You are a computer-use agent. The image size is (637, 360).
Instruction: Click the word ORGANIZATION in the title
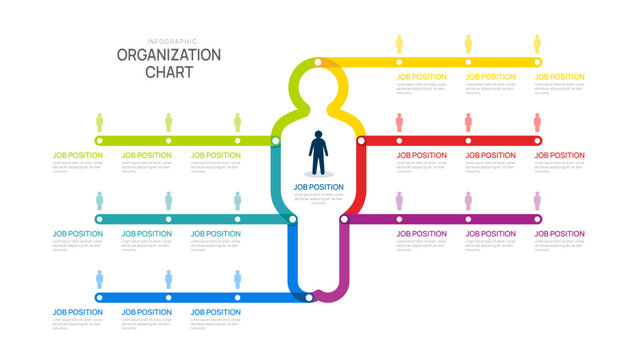168,55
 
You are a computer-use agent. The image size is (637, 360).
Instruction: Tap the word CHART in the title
168,73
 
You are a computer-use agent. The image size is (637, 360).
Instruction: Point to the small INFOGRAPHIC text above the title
168,41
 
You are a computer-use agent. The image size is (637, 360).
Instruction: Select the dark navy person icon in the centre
318,153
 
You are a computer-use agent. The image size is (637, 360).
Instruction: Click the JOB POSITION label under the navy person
318,186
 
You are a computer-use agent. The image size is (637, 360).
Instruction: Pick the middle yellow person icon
468,44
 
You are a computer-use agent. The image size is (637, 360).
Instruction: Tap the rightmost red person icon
537,122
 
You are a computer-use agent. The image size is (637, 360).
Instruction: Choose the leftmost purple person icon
399,200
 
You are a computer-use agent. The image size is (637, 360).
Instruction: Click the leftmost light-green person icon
99,122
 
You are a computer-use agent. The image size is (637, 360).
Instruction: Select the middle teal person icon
168,200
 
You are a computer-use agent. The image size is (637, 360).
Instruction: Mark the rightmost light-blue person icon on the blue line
237,279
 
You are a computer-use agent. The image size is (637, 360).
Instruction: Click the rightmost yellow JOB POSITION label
559,76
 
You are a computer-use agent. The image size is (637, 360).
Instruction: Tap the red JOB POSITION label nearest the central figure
421,155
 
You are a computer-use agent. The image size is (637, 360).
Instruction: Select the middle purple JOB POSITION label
491,234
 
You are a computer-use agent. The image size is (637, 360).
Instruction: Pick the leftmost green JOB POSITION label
77,155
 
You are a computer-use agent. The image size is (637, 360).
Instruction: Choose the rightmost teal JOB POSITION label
215,234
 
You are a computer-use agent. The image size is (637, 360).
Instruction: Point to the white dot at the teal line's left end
99,218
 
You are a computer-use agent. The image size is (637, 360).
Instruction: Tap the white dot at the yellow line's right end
537,62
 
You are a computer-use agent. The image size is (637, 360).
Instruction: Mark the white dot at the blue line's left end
99,297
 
